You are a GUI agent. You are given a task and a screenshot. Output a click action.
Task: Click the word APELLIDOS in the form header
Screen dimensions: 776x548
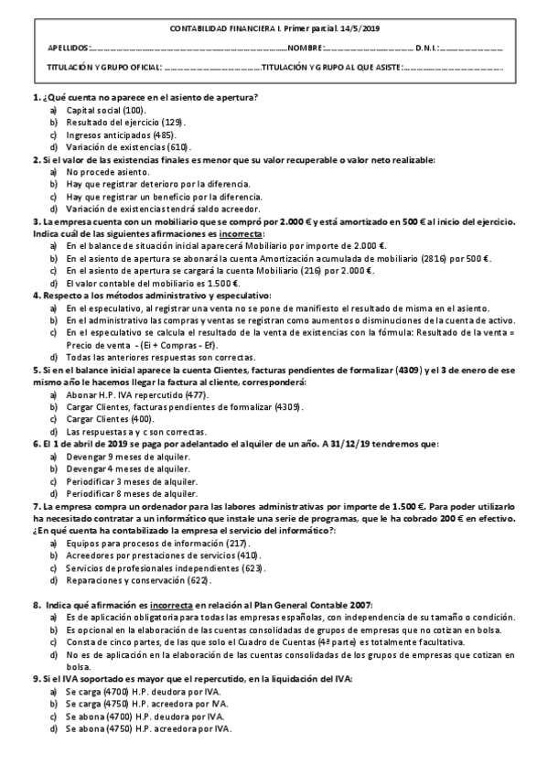(69, 48)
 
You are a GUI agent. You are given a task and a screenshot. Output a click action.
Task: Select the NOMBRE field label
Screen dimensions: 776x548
(305, 48)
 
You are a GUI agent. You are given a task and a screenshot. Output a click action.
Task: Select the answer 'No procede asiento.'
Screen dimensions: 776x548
(102, 172)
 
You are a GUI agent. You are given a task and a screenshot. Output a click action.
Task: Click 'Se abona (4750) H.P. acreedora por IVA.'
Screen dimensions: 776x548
(149, 728)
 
